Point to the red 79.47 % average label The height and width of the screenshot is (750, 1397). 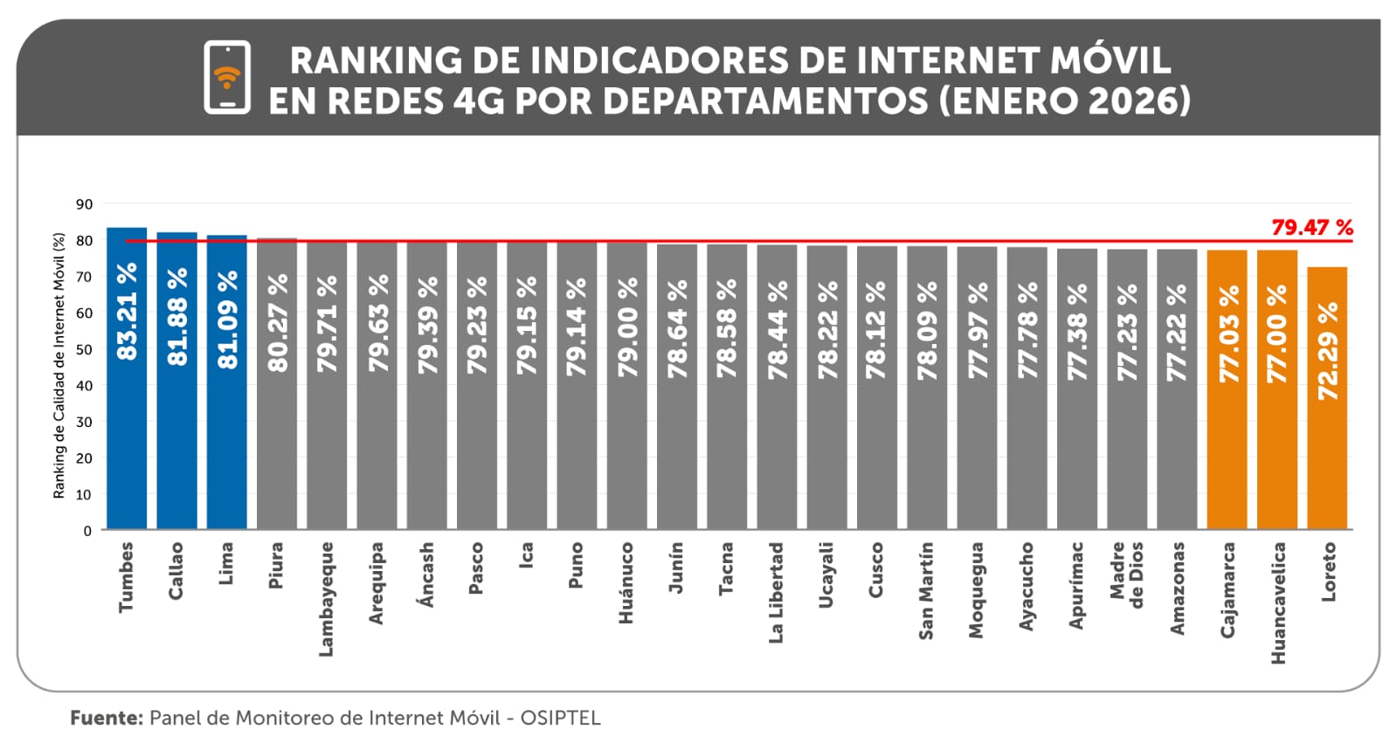(x=1311, y=228)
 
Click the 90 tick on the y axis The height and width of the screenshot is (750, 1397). (x=84, y=204)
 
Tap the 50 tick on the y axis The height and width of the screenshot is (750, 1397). (x=84, y=349)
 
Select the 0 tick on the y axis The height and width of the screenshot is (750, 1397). (x=87, y=530)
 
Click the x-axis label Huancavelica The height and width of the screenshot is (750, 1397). (x=1278, y=602)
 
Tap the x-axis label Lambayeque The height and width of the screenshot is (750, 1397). (x=326, y=599)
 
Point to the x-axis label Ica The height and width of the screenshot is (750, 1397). (x=526, y=555)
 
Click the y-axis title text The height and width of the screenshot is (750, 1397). (x=59, y=366)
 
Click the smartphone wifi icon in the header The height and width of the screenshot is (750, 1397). (x=227, y=77)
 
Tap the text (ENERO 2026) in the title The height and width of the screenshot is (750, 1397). (x=1065, y=100)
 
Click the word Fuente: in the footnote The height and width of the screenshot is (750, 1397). (x=106, y=718)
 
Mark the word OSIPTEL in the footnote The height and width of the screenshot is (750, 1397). (x=560, y=718)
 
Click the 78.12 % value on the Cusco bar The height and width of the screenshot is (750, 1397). (x=876, y=329)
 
